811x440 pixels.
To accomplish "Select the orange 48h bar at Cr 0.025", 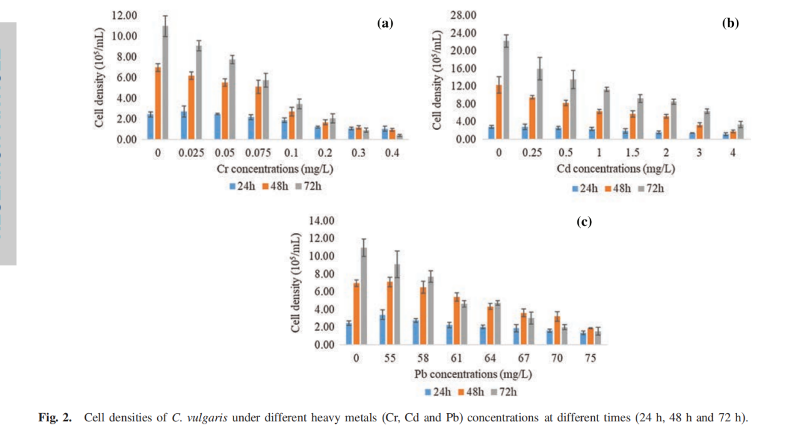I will point(191,107).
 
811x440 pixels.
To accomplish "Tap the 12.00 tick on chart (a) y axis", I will point(125,16).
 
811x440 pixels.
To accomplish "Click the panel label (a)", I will point(385,24).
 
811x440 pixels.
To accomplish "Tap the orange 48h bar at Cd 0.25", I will point(532,118).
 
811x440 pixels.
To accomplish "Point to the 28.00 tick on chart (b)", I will point(463,15).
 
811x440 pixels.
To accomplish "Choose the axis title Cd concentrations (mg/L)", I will point(615,169).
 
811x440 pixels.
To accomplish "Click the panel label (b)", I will point(730,24).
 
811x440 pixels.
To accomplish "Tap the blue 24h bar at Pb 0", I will point(348,334).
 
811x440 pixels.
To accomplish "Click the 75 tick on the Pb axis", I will point(590,359).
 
